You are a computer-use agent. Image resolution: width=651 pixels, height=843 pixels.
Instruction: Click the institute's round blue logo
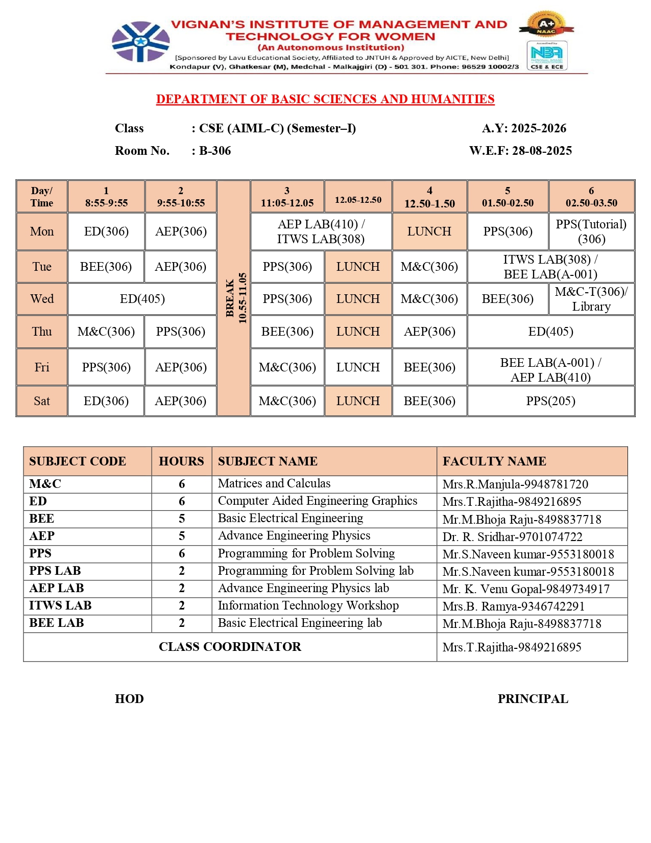point(140,41)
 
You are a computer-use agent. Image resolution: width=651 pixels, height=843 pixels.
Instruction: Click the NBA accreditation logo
point(547,55)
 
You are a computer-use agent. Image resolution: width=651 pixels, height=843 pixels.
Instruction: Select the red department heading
point(325,99)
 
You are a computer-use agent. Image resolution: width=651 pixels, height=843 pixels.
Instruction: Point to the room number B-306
point(215,151)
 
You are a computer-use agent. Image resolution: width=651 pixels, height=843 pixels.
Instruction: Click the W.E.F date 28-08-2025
point(542,151)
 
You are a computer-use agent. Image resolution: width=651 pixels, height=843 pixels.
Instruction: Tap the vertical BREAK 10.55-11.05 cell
point(234,298)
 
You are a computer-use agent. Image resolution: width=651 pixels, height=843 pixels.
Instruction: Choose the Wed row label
point(42,299)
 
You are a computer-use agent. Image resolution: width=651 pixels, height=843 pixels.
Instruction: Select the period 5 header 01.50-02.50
point(508,197)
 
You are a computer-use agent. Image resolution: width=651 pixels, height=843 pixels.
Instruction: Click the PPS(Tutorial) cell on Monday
point(591,231)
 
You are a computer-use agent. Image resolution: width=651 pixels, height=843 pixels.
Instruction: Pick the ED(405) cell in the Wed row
point(142,299)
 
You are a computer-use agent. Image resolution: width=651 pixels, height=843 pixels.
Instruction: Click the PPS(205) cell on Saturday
point(550,401)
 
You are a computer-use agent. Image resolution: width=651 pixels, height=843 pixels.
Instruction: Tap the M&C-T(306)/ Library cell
point(591,299)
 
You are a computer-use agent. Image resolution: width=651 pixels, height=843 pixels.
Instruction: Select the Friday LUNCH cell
point(358,367)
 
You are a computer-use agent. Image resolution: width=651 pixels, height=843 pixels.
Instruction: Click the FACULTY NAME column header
point(494,461)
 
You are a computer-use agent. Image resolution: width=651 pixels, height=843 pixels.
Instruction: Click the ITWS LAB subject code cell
point(60,605)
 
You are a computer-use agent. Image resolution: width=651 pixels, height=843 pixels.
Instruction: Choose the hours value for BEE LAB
point(182,623)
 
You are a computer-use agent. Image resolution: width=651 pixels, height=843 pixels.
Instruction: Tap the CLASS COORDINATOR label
point(230,647)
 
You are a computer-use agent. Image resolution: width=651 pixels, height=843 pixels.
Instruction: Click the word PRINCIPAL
point(533,699)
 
